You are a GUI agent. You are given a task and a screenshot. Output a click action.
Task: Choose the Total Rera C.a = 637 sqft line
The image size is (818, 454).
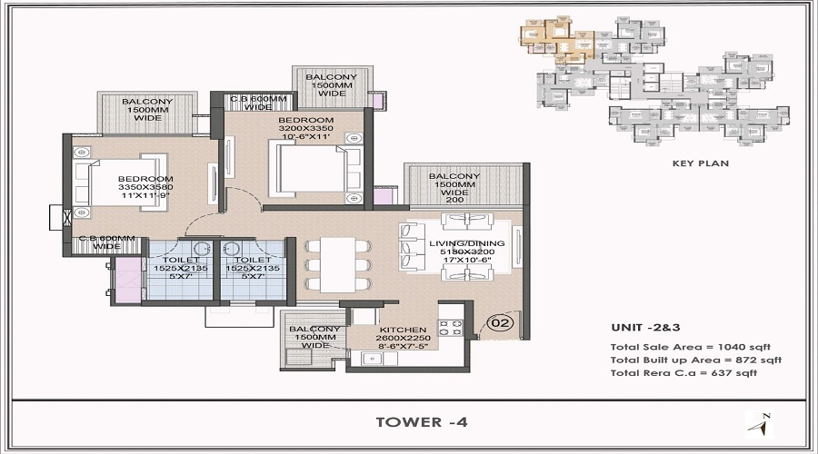(x=683, y=372)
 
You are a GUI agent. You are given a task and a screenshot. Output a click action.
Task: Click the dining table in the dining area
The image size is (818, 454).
(x=334, y=263)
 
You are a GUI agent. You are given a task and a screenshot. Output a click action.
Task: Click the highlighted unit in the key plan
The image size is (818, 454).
(x=556, y=40)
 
